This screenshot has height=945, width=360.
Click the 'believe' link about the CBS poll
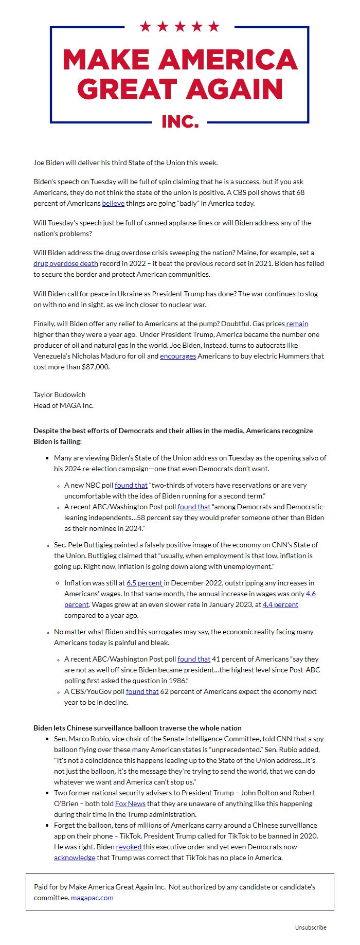pyautogui.click(x=113, y=203)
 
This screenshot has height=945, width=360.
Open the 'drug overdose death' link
pyautogui.click(x=65, y=263)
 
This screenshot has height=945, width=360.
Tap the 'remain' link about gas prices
pyautogui.click(x=297, y=324)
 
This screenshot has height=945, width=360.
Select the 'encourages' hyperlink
pyautogui.click(x=177, y=356)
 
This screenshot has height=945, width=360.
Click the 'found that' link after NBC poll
pyautogui.click(x=131, y=485)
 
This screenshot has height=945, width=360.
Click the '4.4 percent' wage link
pyautogui.click(x=280, y=604)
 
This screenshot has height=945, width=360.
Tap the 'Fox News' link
pyautogui.click(x=130, y=804)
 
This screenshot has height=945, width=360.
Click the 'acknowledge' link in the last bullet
pyautogui.click(x=75, y=858)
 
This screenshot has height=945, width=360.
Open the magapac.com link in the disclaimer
pyautogui.click(x=92, y=898)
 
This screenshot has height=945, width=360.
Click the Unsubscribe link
pyautogui.click(x=311, y=928)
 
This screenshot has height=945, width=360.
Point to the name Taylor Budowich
pyautogui.click(x=60, y=395)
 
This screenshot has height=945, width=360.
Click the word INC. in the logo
pyautogui.click(x=180, y=121)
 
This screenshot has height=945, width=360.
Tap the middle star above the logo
pyautogui.click(x=179, y=26)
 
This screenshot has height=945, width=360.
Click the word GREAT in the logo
pyautogui.click(x=127, y=90)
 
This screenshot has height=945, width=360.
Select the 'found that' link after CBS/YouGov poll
pyautogui.click(x=142, y=691)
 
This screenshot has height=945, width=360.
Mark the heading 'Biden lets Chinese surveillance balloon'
pyautogui.click(x=137, y=728)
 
